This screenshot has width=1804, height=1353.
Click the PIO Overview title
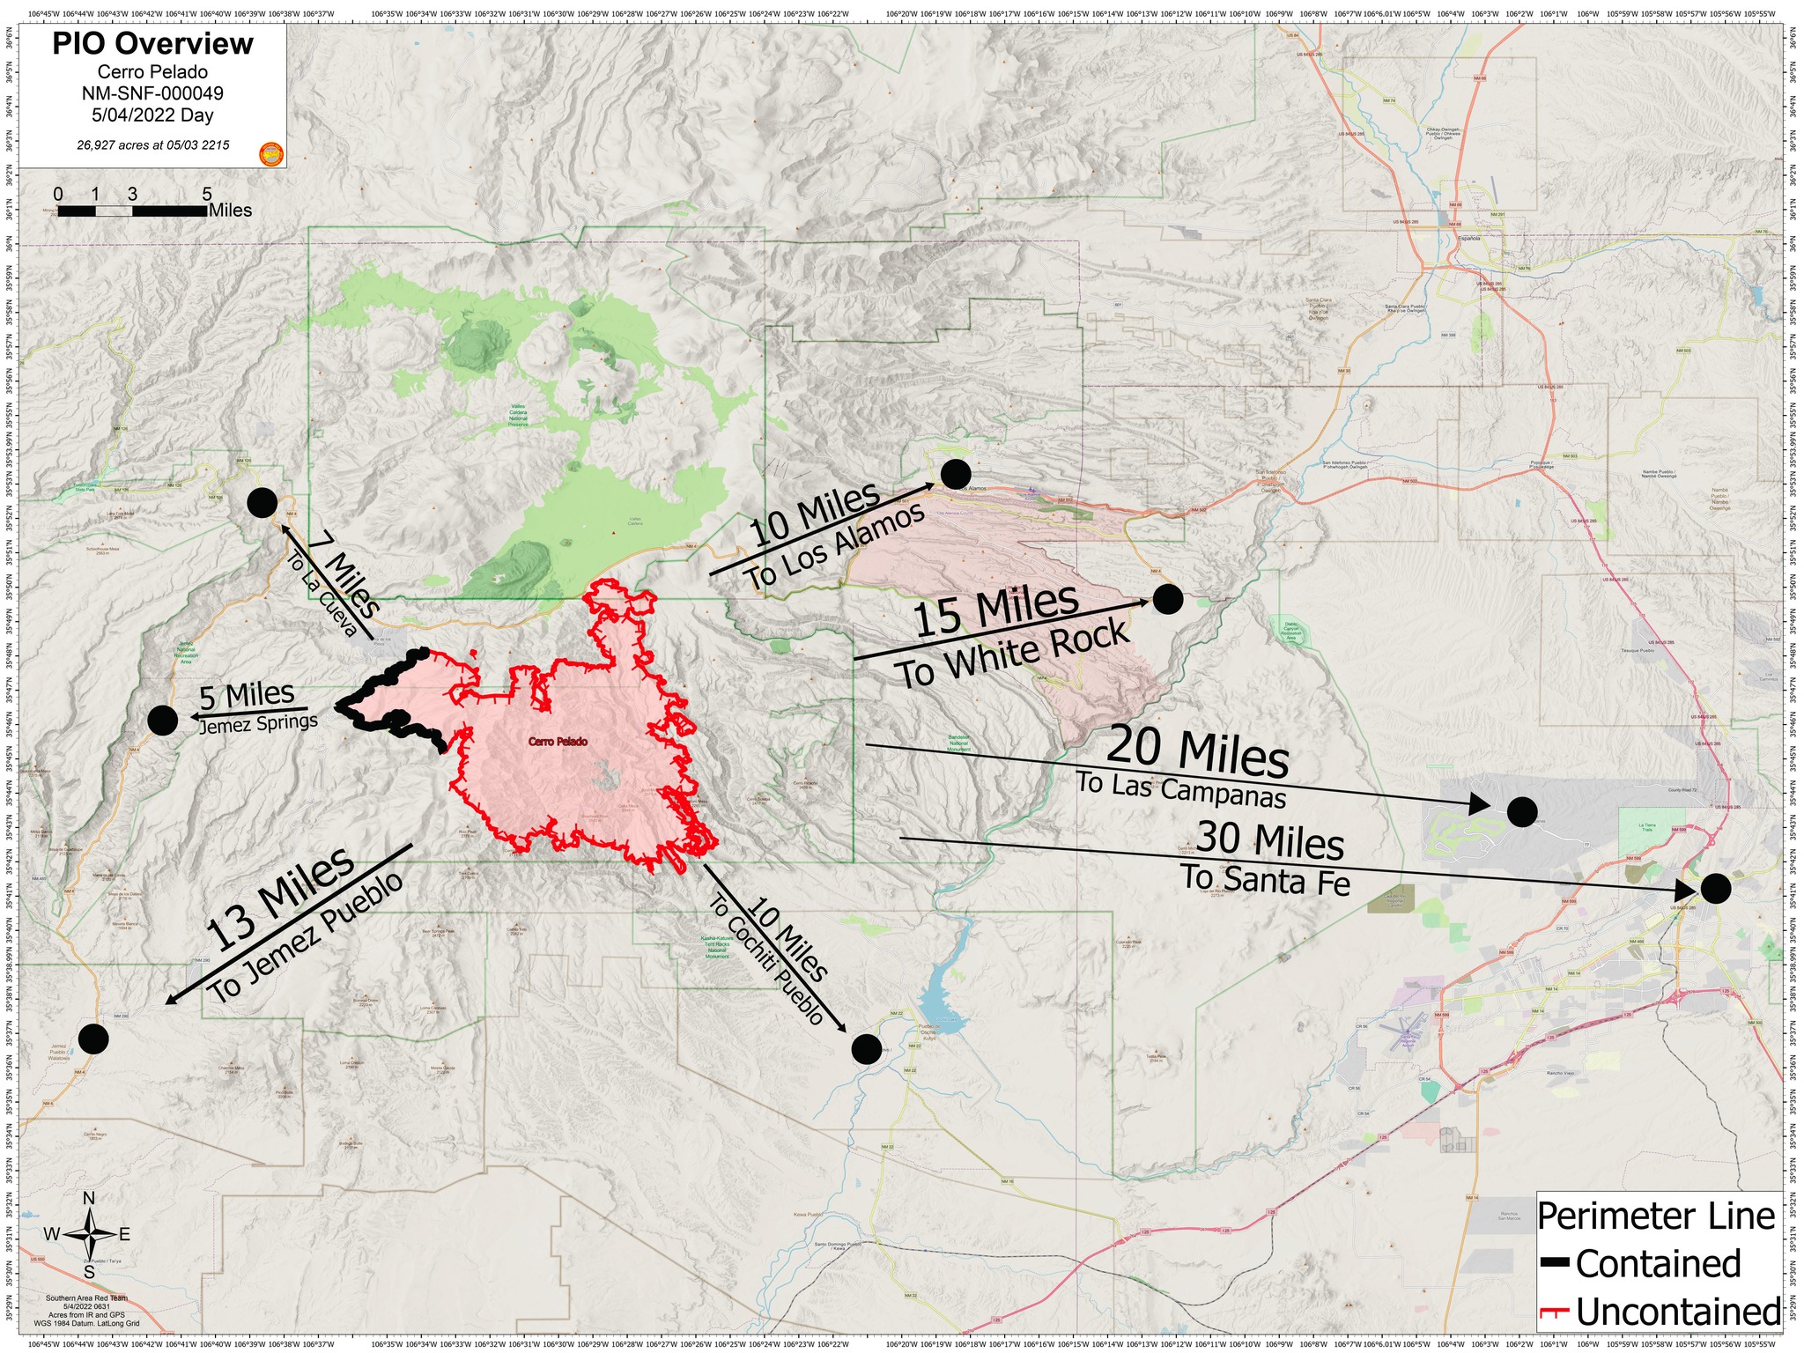pyautogui.click(x=152, y=43)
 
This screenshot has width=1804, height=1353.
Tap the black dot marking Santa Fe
pyautogui.click(x=1715, y=888)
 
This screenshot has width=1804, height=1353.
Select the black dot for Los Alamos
pyautogui.click(x=956, y=474)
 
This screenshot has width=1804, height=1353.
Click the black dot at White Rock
pyautogui.click(x=1167, y=599)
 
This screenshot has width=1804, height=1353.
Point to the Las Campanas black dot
pyautogui.click(x=1522, y=811)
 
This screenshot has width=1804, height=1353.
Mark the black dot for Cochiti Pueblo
pyautogui.click(x=866, y=1048)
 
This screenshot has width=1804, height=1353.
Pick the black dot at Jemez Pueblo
pyautogui.click(x=93, y=1039)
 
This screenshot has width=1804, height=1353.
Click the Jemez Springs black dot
pyautogui.click(x=162, y=720)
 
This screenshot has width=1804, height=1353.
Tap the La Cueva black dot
pyautogui.click(x=262, y=502)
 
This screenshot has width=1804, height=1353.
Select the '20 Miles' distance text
pyautogui.click(x=1197, y=750)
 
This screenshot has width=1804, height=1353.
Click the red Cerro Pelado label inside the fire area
pyautogui.click(x=558, y=742)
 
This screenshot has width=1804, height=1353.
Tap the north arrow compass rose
pyautogui.click(x=89, y=1234)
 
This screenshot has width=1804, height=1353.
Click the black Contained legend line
pyautogui.click(x=1555, y=1263)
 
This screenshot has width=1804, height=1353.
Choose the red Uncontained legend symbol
pyautogui.click(x=1555, y=1312)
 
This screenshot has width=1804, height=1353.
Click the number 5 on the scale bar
pyautogui.click(x=207, y=195)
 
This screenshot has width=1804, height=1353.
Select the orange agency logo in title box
pyautogui.click(x=271, y=154)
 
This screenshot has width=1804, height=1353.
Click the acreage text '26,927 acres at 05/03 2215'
pyautogui.click(x=153, y=144)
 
